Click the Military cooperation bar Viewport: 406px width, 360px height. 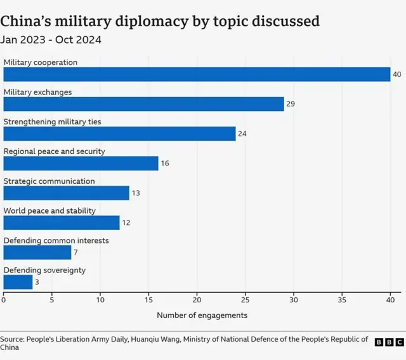pyautogui.click(x=197, y=74)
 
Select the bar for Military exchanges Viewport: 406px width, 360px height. pyautogui.click(x=143, y=104)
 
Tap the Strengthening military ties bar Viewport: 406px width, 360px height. pyautogui.click(x=119, y=134)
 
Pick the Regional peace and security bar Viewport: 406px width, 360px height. pyautogui.click(x=81, y=164)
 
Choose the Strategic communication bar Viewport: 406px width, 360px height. pyautogui.click(x=66, y=193)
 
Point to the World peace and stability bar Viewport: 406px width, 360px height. pyautogui.click(x=62, y=222)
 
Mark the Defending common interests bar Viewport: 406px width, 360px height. pyautogui.click(x=37, y=252)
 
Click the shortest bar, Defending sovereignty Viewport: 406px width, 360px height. pyautogui.click(x=18, y=282)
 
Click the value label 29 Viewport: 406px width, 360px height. pyautogui.click(x=291, y=104)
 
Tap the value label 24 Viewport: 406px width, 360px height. pyautogui.click(x=242, y=134)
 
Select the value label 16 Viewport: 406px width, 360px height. pyautogui.click(x=165, y=164)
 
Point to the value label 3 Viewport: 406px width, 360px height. pyautogui.click(x=37, y=282)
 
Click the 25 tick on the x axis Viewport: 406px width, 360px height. pyautogui.click(x=246, y=300)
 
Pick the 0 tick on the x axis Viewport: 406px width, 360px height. pyautogui.click(x=4, y=300)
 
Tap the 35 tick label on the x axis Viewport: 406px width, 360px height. pyautogui.click(x=342, y=300)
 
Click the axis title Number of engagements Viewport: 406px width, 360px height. pyautogui.click(x=202, y=315)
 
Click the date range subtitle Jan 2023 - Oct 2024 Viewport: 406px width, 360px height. pyautogui.click(x=51, y=39)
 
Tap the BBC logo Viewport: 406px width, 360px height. pyautogui.click(x=388, y=342)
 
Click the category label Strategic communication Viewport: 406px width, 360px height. pyautogui.click(x=49, y=181)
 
